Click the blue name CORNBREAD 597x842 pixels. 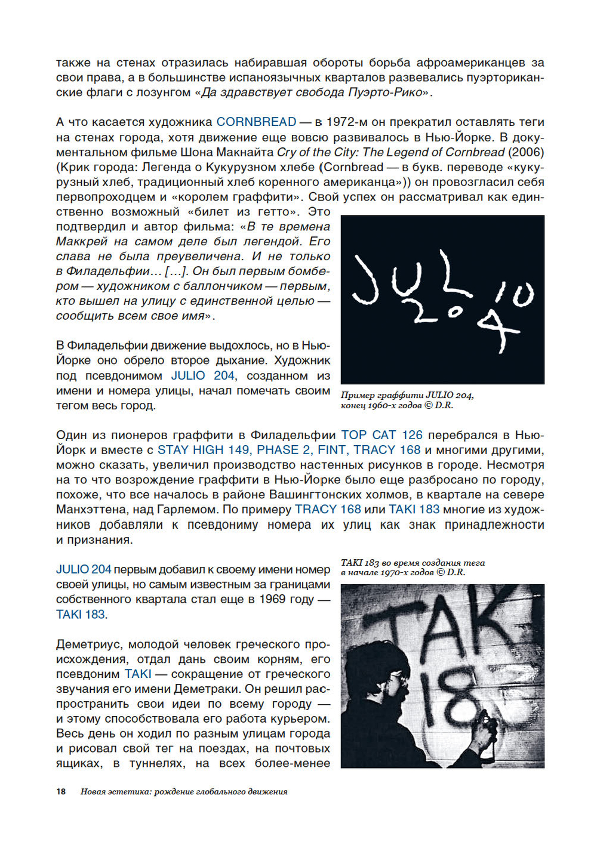(256, 122)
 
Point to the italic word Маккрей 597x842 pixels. (82, 242)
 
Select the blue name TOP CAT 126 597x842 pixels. (381, 435)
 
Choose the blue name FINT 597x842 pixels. (331, 450)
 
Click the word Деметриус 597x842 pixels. (89, 644)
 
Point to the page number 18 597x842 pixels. (61, 792)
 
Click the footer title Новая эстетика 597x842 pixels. (116, 792)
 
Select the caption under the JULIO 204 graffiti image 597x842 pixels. (407, 400)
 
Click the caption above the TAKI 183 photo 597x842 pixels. (412, 567)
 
